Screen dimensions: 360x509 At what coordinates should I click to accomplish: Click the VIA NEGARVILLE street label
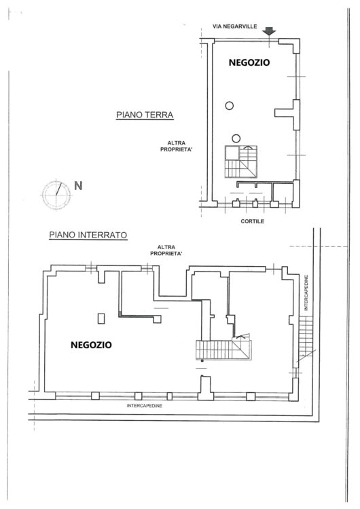click(x=234, y=26)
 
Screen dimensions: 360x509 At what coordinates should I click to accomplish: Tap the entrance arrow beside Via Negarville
click(x=269, y=31)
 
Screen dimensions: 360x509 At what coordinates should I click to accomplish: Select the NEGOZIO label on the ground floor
click(x=249, y=62)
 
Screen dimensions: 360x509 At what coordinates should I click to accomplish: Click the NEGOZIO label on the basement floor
click(x=91, y=345)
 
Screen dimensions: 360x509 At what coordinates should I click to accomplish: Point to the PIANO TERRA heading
click(x=145, y=115)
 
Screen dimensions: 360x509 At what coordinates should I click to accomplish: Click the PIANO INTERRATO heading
click(x=88, y=235)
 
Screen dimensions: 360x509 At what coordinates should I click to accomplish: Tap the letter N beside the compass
click(x=78, y=186)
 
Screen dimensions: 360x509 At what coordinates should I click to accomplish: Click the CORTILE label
click(x=253, y=221)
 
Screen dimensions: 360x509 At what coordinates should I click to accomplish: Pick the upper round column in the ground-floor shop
click(x=230, y=105)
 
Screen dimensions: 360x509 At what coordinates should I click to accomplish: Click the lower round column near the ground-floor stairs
click(x=236, y=138)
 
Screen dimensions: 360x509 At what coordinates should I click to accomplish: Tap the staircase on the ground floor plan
click(x=241, y=162)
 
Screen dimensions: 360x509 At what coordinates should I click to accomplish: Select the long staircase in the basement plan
click(x=223, y=350)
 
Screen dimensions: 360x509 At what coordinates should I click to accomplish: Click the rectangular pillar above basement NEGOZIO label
click(x=101, y=318)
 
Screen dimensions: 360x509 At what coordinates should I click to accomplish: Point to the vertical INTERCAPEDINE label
click(x=306, y=293)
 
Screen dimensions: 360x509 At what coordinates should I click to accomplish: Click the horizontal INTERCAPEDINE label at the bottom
click(x=144, y=406)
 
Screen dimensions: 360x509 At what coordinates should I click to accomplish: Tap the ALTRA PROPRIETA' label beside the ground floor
click(x=177, y=146)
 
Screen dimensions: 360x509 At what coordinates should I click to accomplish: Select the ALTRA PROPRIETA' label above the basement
click(x=166, y=250)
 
